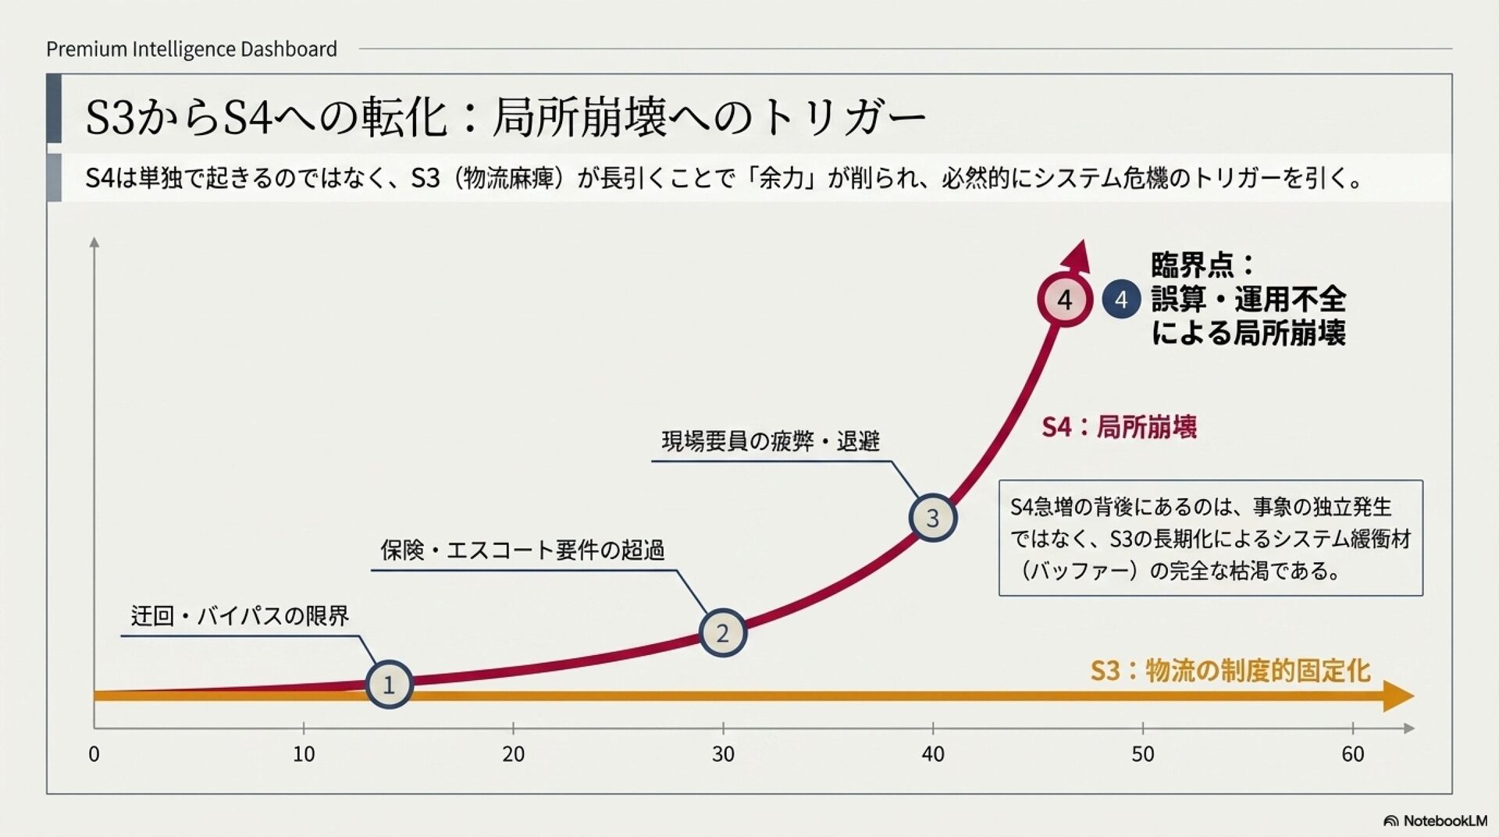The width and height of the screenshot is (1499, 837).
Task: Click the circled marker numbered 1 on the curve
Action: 389,685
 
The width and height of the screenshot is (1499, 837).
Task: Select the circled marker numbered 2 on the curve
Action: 722,632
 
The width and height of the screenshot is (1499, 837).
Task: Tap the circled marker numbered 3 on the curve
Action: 932,518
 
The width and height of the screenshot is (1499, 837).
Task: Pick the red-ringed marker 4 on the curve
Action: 1064,300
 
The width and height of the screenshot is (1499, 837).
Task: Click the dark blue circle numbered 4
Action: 1121,300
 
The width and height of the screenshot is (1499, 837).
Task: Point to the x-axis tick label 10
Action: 304,754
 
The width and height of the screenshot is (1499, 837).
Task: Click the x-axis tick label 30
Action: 723,754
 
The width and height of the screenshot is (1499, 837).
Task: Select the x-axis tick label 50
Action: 1142,754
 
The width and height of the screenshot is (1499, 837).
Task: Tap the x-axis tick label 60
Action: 1352,754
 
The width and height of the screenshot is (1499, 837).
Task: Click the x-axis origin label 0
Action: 94,754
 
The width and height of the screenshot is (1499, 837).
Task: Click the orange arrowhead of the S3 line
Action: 1398,696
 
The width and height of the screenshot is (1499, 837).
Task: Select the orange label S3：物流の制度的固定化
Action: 1230,671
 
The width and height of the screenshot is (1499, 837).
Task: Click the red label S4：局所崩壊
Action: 1119,427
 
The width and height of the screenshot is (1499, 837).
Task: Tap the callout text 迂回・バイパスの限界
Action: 240,616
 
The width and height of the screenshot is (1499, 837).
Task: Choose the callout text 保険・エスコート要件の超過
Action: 522,550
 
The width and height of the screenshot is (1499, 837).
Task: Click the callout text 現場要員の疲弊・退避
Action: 771,441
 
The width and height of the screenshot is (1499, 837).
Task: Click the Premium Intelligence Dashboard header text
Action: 191,49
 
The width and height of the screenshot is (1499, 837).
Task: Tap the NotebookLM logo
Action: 1435,821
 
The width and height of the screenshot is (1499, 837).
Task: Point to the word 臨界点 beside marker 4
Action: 1192,265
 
